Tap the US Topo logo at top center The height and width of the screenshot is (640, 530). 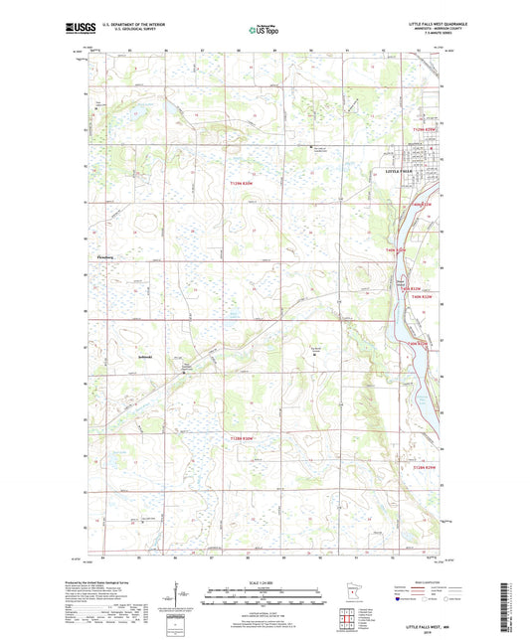coord(261,31)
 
